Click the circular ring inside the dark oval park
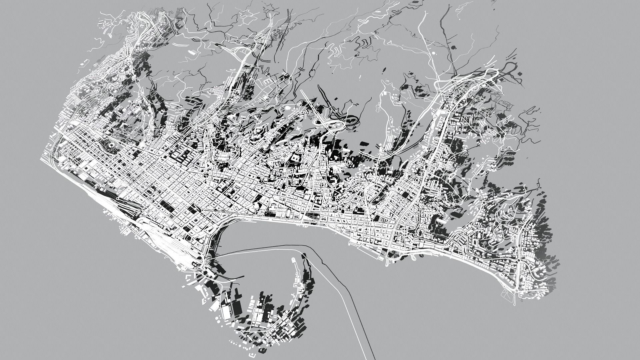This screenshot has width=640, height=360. [108, 146]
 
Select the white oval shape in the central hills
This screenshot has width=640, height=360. [287, 108]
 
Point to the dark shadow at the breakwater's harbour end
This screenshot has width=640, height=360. [304, 256]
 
